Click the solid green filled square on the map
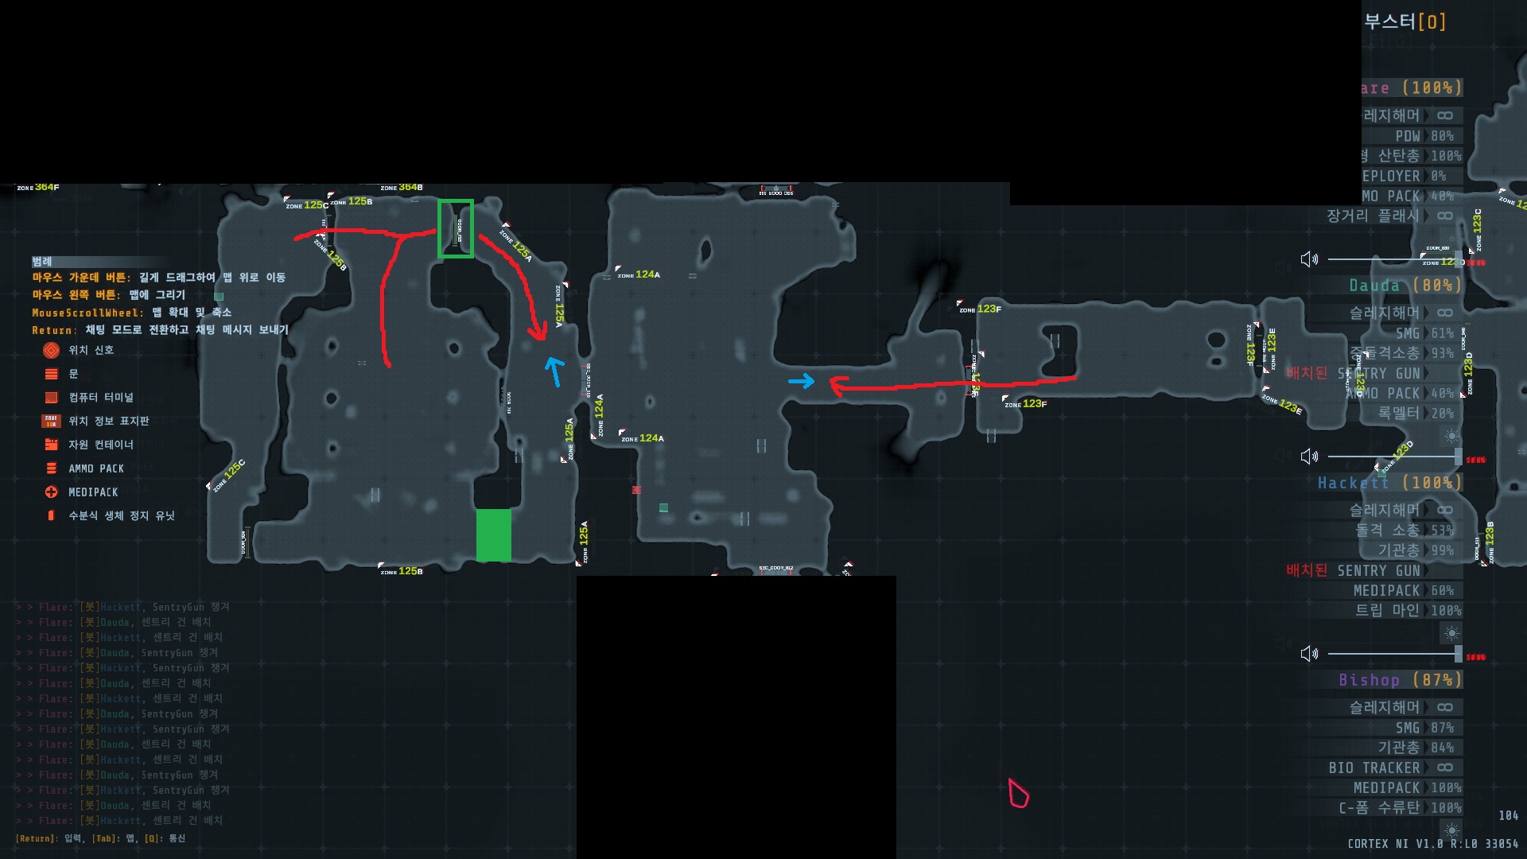493,535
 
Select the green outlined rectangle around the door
456,229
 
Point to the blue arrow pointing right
802,382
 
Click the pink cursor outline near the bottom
1018,794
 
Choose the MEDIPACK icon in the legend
52,492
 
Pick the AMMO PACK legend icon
52,468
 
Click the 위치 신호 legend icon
52,350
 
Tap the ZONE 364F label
38,188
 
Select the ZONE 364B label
402,188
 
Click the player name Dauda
1374,286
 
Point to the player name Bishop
1369,680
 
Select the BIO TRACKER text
1374,768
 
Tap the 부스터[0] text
1405,21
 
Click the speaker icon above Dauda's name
1309,259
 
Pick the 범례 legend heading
42,262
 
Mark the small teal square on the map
663,507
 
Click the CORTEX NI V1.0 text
1395,843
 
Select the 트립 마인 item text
1387,610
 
